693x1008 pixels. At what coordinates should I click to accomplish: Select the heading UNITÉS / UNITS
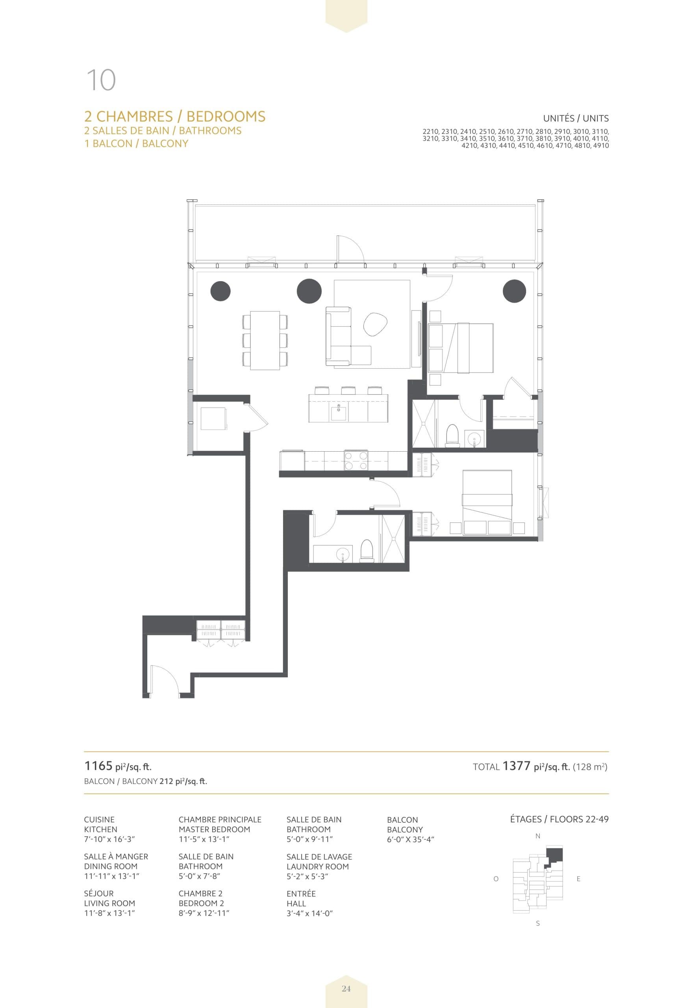pyautogui.click(x=575, y=118)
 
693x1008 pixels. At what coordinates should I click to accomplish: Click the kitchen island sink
pyautogui.click(x=339, y=413)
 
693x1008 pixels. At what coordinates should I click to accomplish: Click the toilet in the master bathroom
pyautogui.click(x=452, y=435)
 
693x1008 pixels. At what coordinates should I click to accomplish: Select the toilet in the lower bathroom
pyautogui.click(x=367, y=551)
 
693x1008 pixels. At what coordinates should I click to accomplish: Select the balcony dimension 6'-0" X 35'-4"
pyautogui.click(x=410, y=839)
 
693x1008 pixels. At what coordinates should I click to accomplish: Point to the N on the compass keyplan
pyautogui.click(x=537, y=836)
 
